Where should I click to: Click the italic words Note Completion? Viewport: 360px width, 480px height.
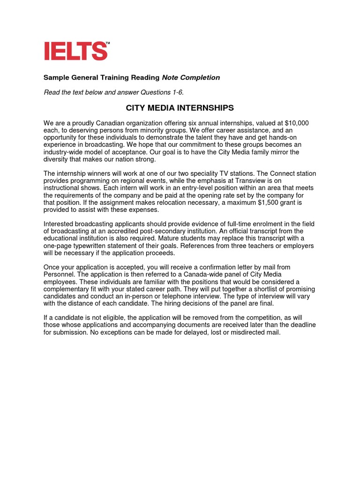191,77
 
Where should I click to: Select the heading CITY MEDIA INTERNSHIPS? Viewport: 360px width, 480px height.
180,108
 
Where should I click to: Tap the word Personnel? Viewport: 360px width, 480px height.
59,274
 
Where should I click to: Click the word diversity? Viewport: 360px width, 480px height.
58,159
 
